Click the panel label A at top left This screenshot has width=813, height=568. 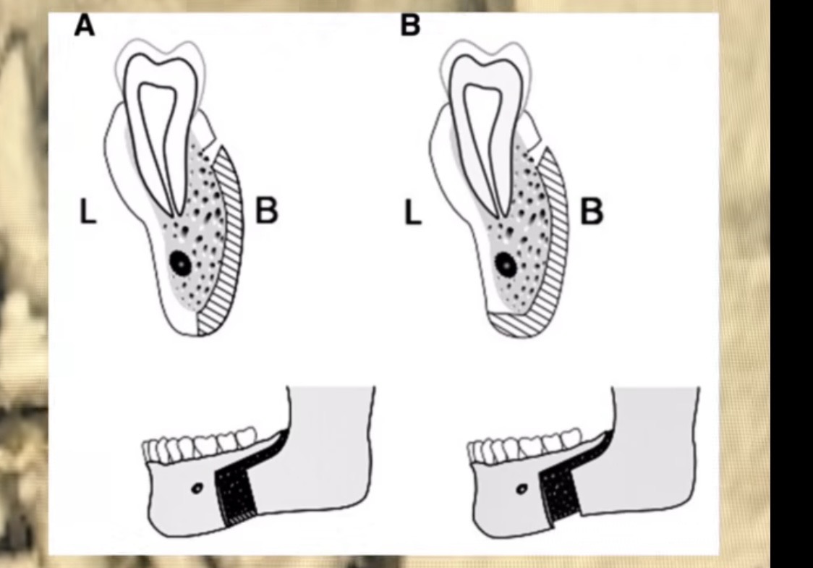[85, 25]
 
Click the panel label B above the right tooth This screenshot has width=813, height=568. [410, 25]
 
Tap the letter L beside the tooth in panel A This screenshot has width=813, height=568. [88, 211]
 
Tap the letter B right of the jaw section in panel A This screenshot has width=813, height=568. [266, 211]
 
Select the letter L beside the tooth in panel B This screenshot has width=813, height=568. [413, 212]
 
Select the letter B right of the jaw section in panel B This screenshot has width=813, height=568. [592, 211]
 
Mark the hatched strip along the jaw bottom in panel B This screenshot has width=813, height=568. [514, 324]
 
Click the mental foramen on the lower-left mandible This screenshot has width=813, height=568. [197, 488]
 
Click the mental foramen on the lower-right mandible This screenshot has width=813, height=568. [522, 488]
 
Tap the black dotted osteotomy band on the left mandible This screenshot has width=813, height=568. [236, 493]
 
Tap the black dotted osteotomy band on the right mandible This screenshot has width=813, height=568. [560, 493]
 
